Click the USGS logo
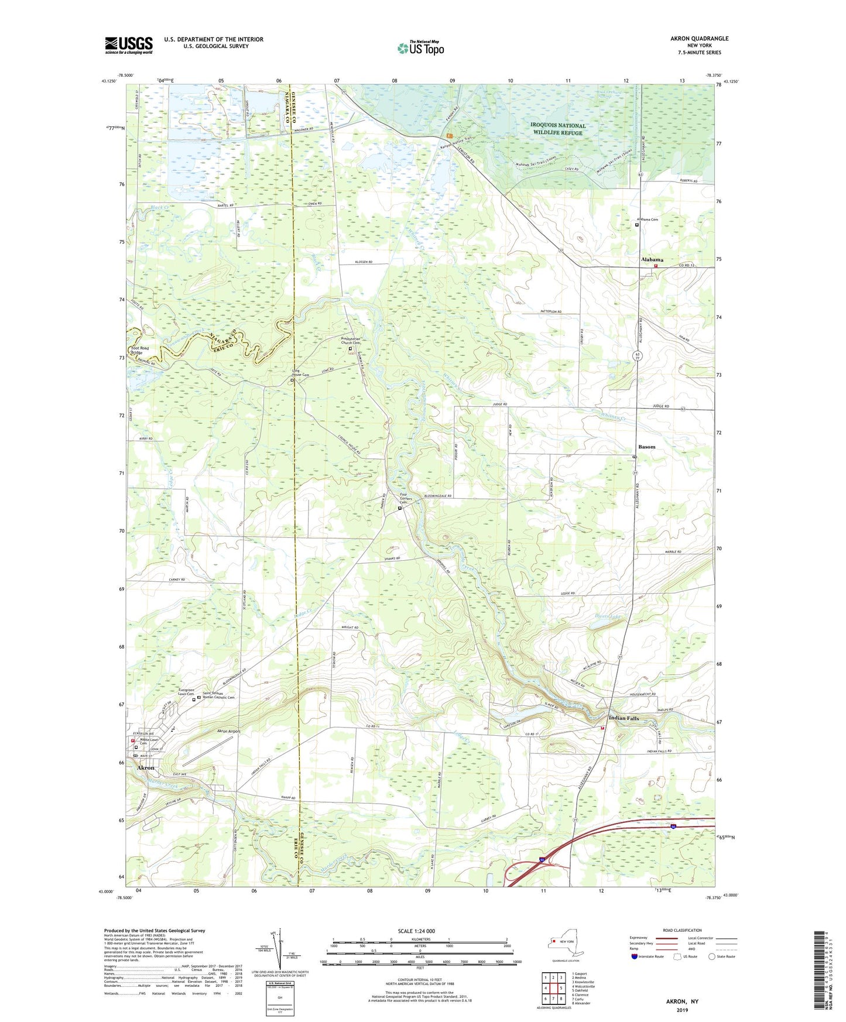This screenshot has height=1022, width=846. [128, 45]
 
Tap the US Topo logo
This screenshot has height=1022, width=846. [420, 48]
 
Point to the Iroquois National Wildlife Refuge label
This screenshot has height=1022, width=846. [557, 129]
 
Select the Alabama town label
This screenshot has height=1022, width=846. [652, 259]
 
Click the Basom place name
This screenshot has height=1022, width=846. [646, 447]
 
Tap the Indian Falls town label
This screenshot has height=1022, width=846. [624, 718]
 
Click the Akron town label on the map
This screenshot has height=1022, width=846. [146, 767]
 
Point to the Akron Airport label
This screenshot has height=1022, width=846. [229, 732]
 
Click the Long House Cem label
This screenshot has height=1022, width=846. [297, 375]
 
